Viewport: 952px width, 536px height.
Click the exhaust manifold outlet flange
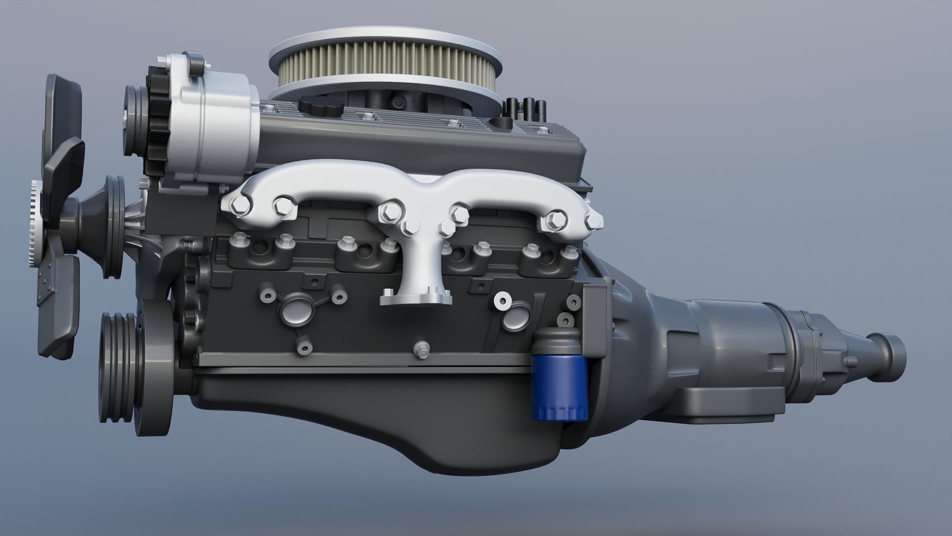[x=416, y=299]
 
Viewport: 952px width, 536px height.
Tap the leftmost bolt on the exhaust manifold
[x=234, y=203]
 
